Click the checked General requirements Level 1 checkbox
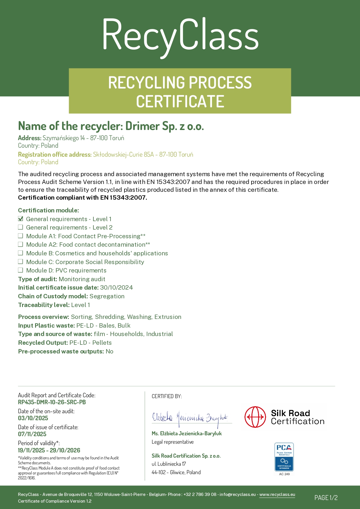[x=21, y=219]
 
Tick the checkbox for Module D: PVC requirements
[x=21, y=270]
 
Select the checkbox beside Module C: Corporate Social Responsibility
[x=21, y=262]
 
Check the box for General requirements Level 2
[x=21, y=227]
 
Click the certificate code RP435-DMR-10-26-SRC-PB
[x=52, y=402]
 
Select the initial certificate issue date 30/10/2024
[x=116, y=288]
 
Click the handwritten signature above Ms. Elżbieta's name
[x=190, y=418]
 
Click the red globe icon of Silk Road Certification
[x=255, y=417]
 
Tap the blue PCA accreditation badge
[x=284, y=457]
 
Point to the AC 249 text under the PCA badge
[x=284, y=474]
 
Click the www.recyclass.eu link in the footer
[x=277, y=494]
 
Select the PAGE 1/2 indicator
[x=326, y=498]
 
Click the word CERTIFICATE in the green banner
[x=180, y=102]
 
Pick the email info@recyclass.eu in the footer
[x=238, y=494]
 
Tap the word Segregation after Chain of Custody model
[x=107, y=296]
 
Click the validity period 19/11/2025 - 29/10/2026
[x=49, y=450]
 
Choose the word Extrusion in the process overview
[x=168, y=317]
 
